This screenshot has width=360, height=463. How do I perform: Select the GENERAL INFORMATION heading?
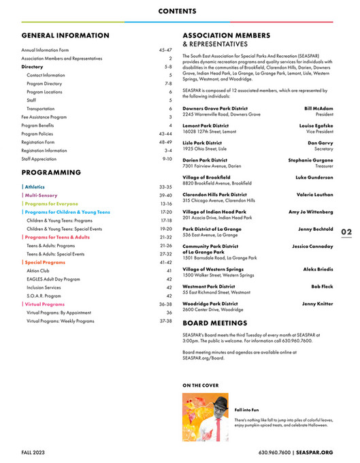pyautogui.click(x=65, y=35)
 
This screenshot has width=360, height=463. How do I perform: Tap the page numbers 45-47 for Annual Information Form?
pyautogui.click(x=165, y=50)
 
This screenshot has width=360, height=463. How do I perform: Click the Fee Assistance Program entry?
pyautogui.click(x=44, y=117)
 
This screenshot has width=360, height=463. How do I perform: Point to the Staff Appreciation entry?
pyautogui.click(x=39, y=159)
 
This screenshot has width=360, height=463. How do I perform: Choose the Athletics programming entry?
pyautogui.click(x=35, y=186)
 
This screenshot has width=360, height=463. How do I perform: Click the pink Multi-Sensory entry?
pyautogui.click(x=40, y=195)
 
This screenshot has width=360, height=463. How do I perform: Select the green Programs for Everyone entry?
pyautogui.click(x=52, y=204)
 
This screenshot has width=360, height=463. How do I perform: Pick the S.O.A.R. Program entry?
pyautogui.click(x=44, y=296)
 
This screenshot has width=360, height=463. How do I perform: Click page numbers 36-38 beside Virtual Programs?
pyautogui.click(x=165, y=304)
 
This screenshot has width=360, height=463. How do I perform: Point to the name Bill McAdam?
pyautogui.click(x=318, y=108)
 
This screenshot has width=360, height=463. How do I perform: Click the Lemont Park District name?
pyautogui.click(x=206, y=126)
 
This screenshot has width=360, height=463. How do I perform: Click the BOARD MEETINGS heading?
pyautogui.click(x=215, y=323)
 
